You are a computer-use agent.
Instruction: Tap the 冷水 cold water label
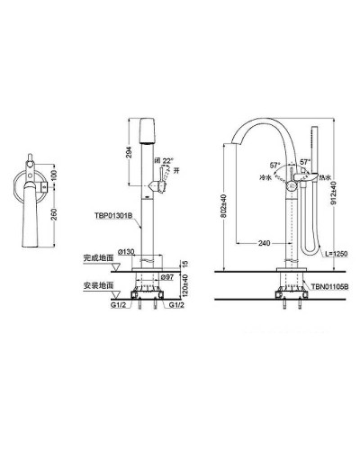click(x=267, y=178)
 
